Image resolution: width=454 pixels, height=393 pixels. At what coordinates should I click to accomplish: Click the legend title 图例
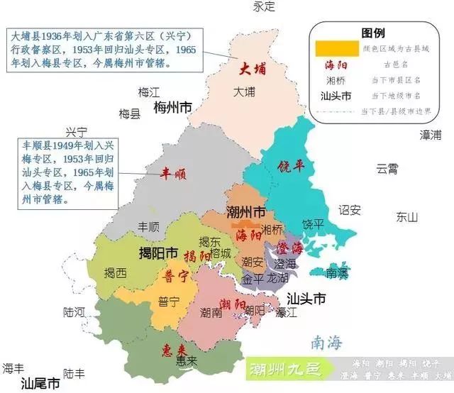(x=373, y=33)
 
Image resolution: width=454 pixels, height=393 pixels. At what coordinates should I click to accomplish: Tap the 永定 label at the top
(x=264, y=6)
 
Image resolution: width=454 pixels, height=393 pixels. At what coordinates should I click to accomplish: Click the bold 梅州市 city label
(x=173, y=107)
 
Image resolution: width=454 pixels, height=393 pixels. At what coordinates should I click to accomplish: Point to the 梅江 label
(x=150, y=92)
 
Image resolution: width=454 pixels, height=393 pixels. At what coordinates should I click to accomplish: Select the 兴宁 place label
(x=76, y=132)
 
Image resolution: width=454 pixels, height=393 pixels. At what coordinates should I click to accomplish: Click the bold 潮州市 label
(x=245, y=212)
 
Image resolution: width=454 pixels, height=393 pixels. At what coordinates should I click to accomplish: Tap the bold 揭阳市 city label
(x=157, y=253)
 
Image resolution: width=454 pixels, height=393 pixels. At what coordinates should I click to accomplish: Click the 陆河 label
(x=74, y=311)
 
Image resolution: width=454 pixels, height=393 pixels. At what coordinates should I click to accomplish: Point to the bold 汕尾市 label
(x=40, y=384)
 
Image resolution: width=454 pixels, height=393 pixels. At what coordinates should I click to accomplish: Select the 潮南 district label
(x=211, y=311)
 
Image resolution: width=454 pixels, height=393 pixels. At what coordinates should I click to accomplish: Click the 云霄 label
(x=388, y=168)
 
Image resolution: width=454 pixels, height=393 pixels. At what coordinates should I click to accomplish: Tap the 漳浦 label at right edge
(x=430, y=134)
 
